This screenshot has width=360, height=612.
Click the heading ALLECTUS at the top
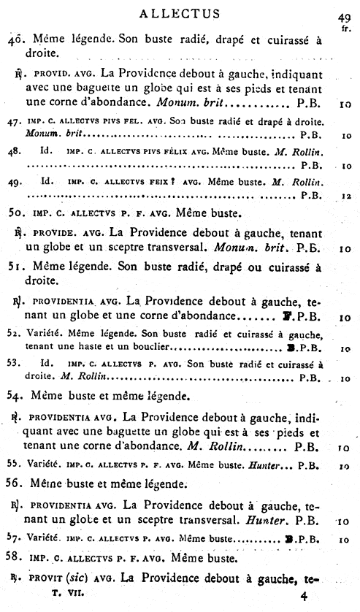[x=179, y=12]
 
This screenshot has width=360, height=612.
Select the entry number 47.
[x=13, y=123]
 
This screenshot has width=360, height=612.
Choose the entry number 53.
[x=13, y=362]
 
